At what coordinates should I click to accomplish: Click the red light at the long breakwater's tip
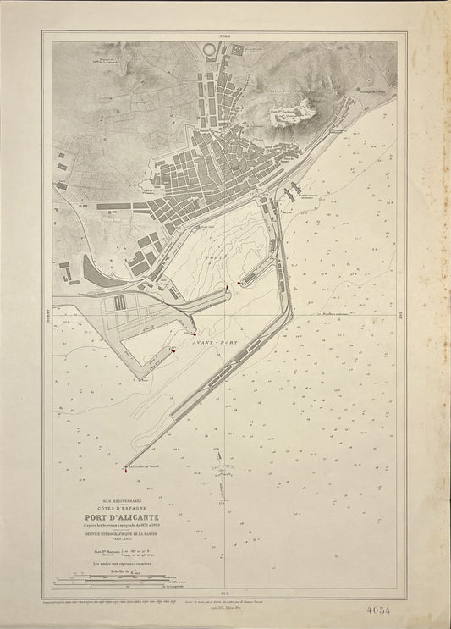[124, 466]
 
